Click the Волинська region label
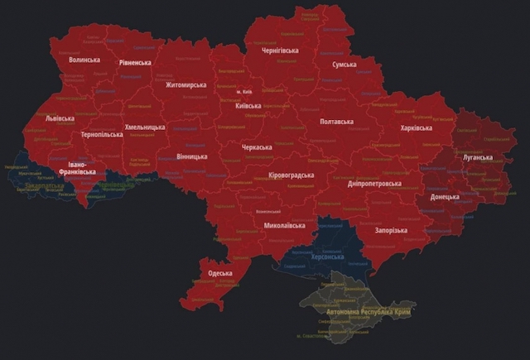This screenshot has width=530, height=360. pyautogui.click(x=84, y=60)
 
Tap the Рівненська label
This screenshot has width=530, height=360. pyautogui.click(x=134, y=62)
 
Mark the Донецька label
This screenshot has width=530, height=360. pyautogui.click(x=445, y=198)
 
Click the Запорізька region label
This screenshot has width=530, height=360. pyautogui.click(x=391, y=230)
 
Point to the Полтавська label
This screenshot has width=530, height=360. pyautogui.click(x=336, y=122)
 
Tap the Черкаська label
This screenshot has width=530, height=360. pyautogui.click(x=256, y=147)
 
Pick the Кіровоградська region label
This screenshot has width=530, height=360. pyautogui.click(x=291, y=175)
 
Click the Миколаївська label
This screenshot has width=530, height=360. pyautogui.click(x=284, y=225)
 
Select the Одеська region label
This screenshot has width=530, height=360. pyautogui.click(x=220, y=273)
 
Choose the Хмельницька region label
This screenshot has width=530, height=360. pyautogui.click(x=145, y=127)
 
